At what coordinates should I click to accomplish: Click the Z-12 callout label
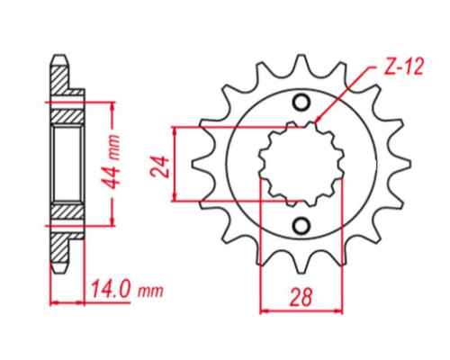pyautogui.click(x=404, y=67)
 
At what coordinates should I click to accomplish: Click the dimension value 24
pyautogui.click(x=159, y=166)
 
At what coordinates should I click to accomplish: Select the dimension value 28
pyautogui.click(x=301, y=297)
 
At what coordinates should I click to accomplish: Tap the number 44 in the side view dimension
pyautogui.click(x=113, y=177)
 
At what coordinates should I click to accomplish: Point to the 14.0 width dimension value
pyautogui.click(x=111, y=289)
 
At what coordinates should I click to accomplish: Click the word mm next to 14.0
pyautogui.click(x=150, y=291)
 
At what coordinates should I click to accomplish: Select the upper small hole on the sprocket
pyautogui.click(x=301, y=103)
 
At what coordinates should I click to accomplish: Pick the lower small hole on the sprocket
pyautogui.click(x=301, y=226)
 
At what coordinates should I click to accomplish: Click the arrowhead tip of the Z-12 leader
pyautogui.click(x=317, y=121)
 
